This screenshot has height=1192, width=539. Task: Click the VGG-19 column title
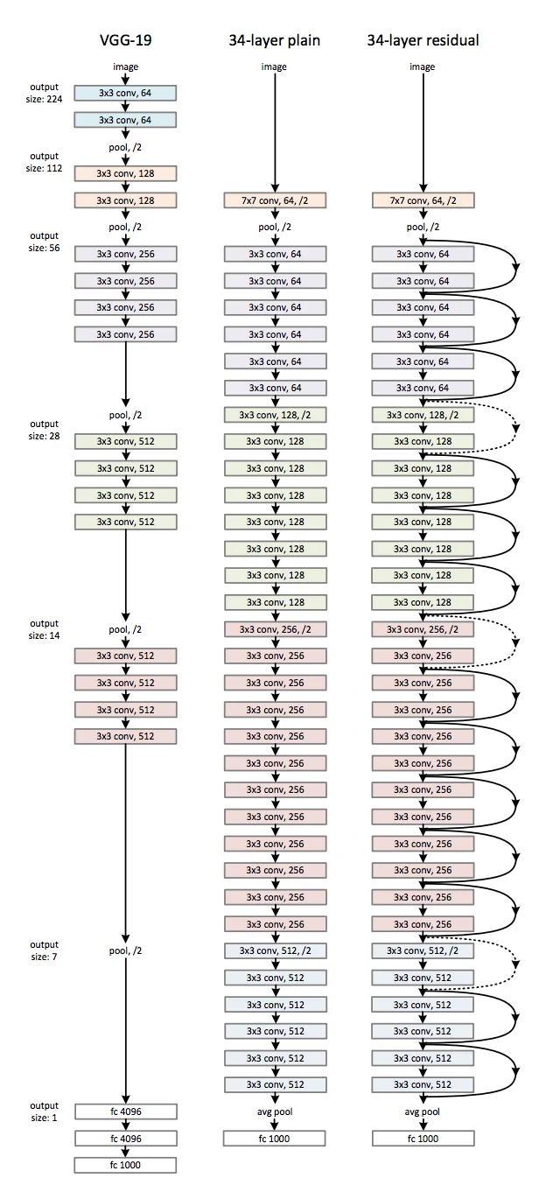pyautogui.click(x=125, y=40)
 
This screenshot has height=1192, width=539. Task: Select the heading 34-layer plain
pyautogui.click(x=275, y=40)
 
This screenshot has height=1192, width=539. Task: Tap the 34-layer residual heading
pyautogui.click(x=423, y=40)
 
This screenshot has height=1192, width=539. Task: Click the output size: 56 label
pyautogui.click(x=45, y=241)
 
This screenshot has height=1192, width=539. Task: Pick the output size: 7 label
pyautogui.click(x=45, y=950)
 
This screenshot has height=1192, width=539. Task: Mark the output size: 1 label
pyautogui.click(x=45, y=1111)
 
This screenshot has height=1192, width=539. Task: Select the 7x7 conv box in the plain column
pyautogui.click(x=275, y=200)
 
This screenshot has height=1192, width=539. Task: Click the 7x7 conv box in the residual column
pyautogui.click(x=423, y=200)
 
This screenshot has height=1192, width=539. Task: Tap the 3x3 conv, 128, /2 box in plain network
pyautogui.click(x=275, y=415)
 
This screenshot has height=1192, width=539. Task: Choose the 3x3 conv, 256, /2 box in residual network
pyautogui.click(x=423, y=629)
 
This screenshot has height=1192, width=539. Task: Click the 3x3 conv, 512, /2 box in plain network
pyautogui.click(x=275, y=950)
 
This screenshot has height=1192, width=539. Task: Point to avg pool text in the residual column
pyautogui.click(x=423, y=1111)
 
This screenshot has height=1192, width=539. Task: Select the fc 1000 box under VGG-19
pyautogui.click(x=125, y=1165)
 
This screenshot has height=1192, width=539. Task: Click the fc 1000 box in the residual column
pyautogui.click(x=423, y=1139)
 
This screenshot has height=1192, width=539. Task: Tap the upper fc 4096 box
pyautogui.click(x=125, y=1111)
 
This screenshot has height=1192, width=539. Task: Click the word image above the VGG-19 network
pyautogui.click(x=125, y=67)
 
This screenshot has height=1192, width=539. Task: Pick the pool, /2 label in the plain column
pyautogui.click(x=275, y=227)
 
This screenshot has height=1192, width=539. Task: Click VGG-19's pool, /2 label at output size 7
pyautogui.click(x=125, y=950)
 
